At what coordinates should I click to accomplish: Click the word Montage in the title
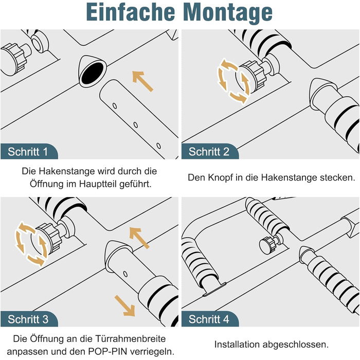click(228, 13)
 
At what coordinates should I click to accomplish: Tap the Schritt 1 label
click(28, 152)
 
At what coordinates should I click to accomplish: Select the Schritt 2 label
click(209, 152)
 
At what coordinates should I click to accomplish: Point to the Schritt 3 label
click(28, 319)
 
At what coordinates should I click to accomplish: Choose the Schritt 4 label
click(209, 319)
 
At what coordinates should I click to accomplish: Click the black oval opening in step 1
click(93, 73)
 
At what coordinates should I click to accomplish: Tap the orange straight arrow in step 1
click(142, 81)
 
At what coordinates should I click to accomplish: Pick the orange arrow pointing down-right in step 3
click(125, 306)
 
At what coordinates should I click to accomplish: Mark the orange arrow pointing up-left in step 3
click(139, 238)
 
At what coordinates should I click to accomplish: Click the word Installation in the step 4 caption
click(237, 345)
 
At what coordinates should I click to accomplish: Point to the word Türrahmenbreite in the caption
click(131, 338)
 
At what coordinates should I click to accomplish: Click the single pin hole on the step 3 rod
click(125, 274)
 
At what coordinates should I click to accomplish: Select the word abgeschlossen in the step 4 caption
click(296, 345)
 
